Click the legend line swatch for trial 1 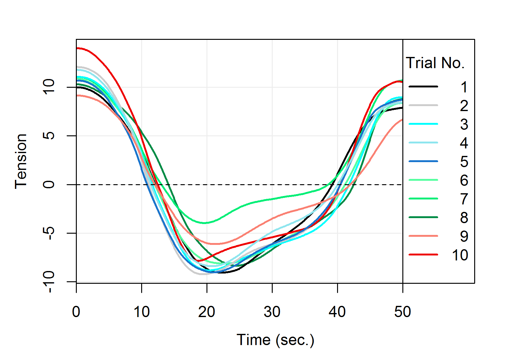(423, 86)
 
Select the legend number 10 (460, 255)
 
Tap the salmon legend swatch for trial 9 (423, 236)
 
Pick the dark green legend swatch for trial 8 (423, 217)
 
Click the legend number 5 (464, 162)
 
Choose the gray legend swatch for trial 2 (423, 105)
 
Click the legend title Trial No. (435, 63)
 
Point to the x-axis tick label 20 (207, 312)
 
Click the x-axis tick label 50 (402, 312)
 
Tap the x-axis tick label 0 (76, 312)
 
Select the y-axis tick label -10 (49, 282)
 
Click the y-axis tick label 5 (49, 136)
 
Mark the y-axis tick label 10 (49, 87)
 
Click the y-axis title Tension (21, 161)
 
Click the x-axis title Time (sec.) (275, 340)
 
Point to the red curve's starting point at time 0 (77, 48)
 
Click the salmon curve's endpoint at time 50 (402, 120)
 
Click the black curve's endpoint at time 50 (402, 108)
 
